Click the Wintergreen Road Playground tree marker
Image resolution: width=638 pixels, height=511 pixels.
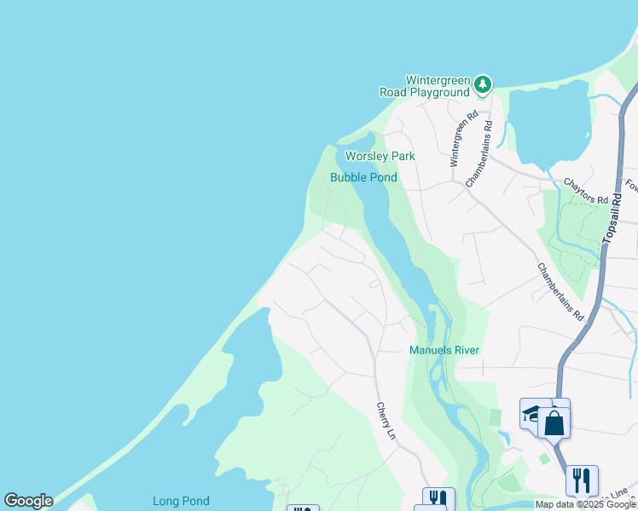[x=484, y=83]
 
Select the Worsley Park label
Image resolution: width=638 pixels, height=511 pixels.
[x=380, y=156]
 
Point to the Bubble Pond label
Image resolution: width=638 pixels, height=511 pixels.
[x=363, y=177]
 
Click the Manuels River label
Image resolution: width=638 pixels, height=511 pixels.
[x=444, y=350]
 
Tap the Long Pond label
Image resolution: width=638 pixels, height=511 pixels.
[x=181, y=502]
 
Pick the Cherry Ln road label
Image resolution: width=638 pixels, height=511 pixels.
[x=386, y=421]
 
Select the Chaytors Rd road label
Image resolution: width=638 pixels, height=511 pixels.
[x=585, y=190]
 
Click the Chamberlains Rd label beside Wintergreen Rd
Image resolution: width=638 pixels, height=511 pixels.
[x=480, y=152]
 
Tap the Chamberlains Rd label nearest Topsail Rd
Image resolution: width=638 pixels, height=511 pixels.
[x=560, y=290]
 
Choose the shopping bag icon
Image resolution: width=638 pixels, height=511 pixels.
[x=554, y=422]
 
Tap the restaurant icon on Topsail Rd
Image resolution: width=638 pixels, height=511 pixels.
[x=582, y=480]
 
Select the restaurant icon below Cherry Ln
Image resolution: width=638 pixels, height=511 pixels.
[x=438, y=499]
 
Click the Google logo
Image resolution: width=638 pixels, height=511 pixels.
[x=28, y=501]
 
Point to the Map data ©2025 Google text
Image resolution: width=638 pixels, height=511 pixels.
[x=585, y=504]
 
